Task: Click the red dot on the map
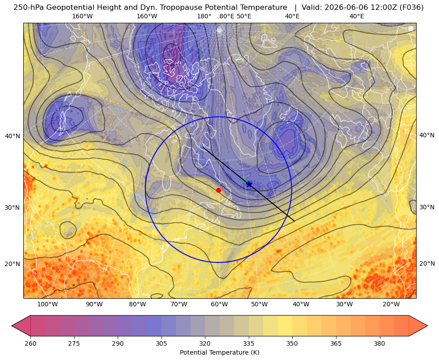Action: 219,190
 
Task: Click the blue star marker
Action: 249,184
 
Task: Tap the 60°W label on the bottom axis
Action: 219,304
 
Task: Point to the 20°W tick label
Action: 391,304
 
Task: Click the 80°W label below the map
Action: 137,304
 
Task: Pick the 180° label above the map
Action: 204,16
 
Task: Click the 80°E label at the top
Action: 227,16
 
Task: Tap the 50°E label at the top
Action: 244,16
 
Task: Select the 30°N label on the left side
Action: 13,208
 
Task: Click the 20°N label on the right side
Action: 427,263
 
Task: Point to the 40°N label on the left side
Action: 13,136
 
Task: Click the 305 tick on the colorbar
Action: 161,343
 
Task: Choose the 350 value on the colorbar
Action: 292,343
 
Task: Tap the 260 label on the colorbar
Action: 30,343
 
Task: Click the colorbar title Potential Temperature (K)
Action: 219,352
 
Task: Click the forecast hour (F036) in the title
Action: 411,8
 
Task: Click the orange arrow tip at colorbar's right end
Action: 427,326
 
